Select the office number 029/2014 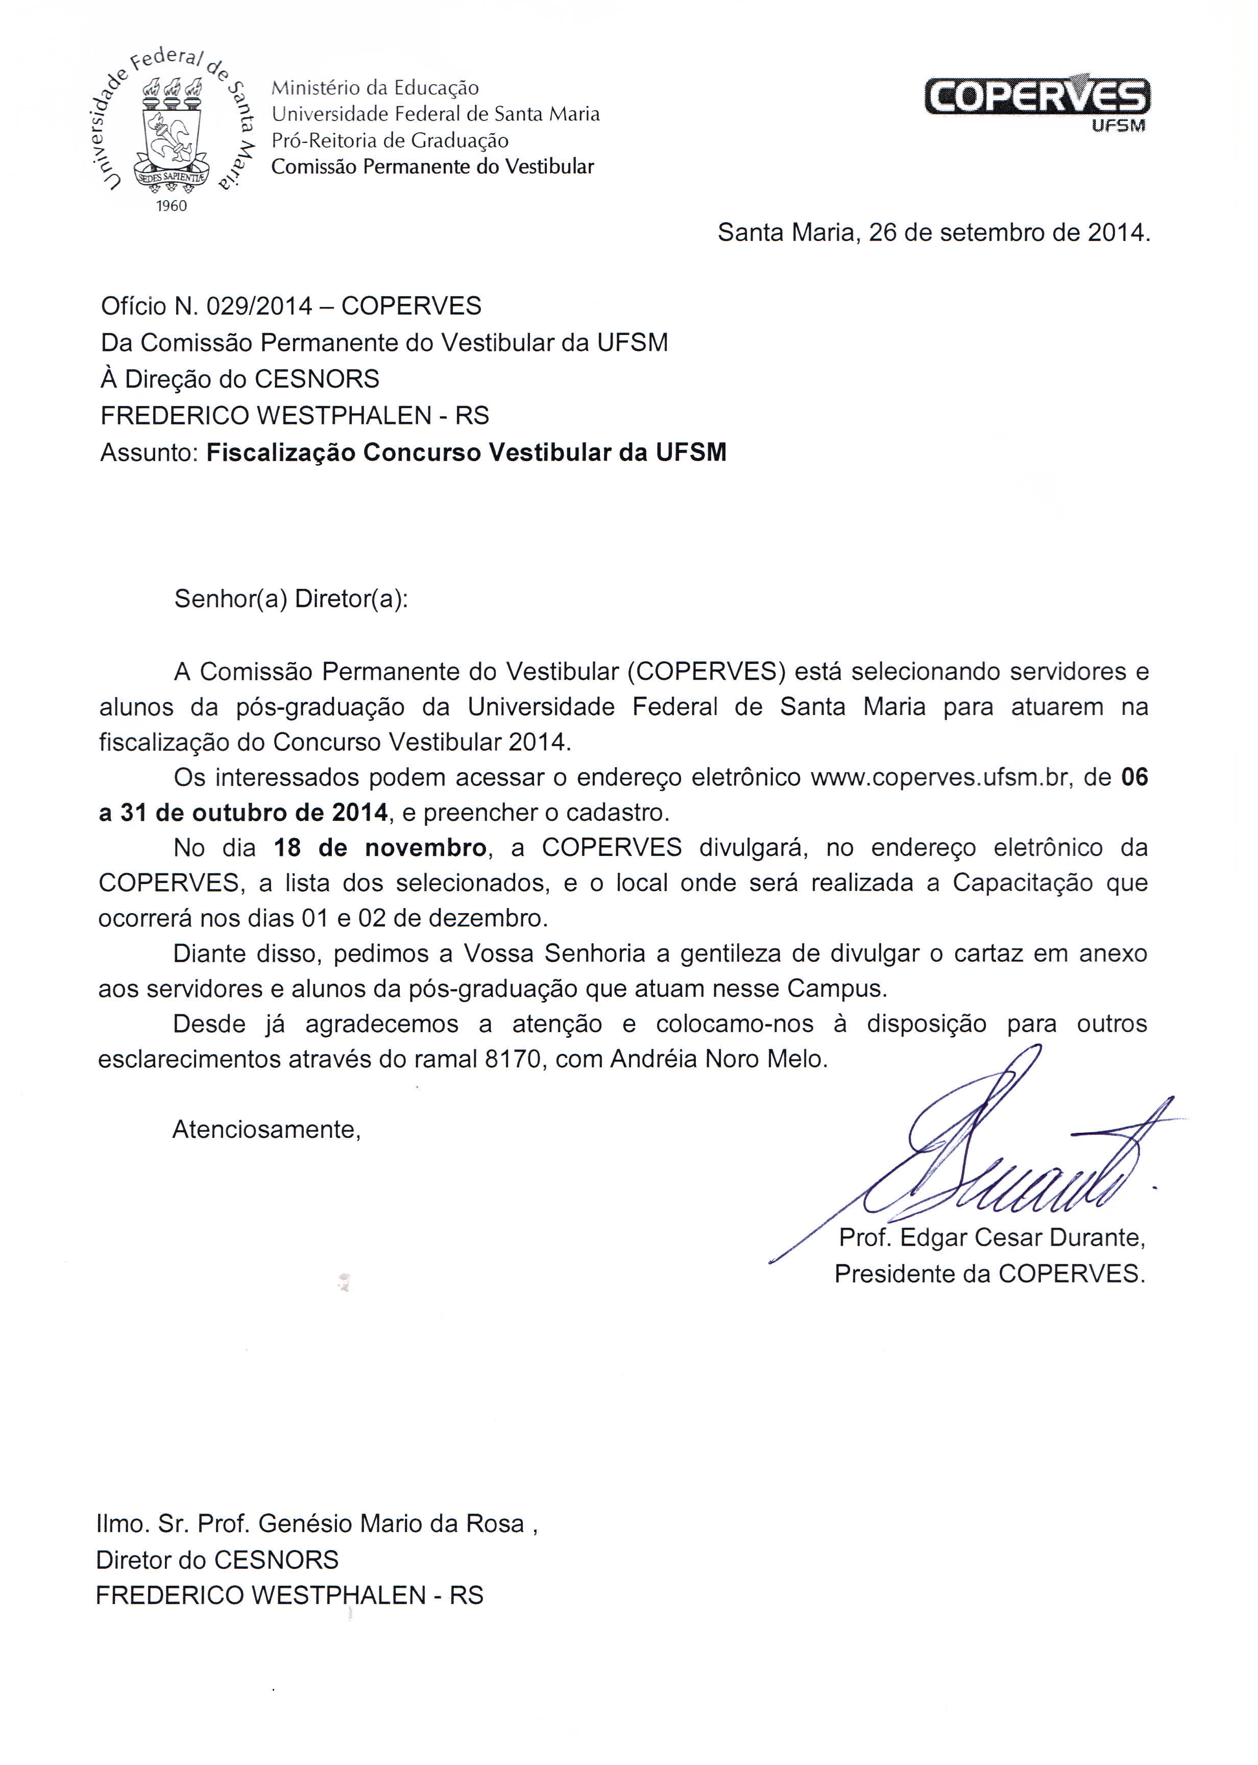pos(259,306)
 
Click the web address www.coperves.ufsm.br pos(939,777)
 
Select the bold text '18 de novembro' pos(379,848)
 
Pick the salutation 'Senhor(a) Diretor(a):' pos(291,599)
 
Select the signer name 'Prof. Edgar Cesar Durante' pos(991,1237)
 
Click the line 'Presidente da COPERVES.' pos(989,1273)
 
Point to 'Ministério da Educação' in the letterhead pos(375,87)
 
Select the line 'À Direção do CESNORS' pos(240,379)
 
